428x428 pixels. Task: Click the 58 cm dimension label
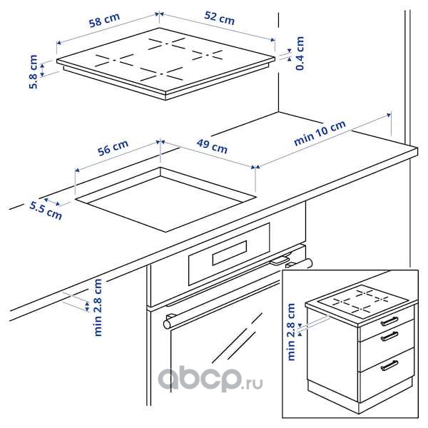(x=104, y=20)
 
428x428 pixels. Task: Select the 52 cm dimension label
(x=220, y=18)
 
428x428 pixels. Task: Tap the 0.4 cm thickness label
(x=300, y=53)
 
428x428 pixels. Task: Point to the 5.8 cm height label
(x=34, y=72)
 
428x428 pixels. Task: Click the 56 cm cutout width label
(x=113, y=148)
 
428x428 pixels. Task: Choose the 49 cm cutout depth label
(x=212, y=146)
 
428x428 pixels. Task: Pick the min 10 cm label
(x=320, y=133)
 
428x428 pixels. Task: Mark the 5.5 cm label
(x=46, y=210)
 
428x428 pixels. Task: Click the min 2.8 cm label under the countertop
(x=98, y=307)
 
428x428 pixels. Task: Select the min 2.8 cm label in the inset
(x=291, y=332)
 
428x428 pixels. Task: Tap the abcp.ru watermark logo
(x=210, y=380)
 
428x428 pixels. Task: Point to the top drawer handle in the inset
(x=389, y=321)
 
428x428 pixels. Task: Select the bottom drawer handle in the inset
(x=389, y=365)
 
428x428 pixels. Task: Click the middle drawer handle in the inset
(x=389, y=336)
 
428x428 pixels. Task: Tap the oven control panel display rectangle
(x=230, y=253)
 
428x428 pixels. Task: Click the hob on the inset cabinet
(x=362, y=302)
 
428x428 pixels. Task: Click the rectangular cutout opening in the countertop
(x=165, y=200)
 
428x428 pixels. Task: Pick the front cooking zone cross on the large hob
(x=162, y=74)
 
